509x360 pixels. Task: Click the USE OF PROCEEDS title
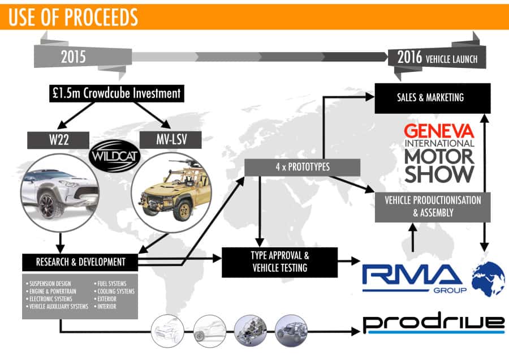tap(74, 17)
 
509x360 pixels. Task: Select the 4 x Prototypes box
tap(303, 167)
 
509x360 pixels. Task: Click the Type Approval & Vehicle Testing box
tap(279, 262)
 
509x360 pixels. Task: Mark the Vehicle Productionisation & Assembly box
tap(431, 206)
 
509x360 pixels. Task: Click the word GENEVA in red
tap(439, 131)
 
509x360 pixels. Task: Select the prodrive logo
tap(433, 323)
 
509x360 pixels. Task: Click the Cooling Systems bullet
tap(115, 291)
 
